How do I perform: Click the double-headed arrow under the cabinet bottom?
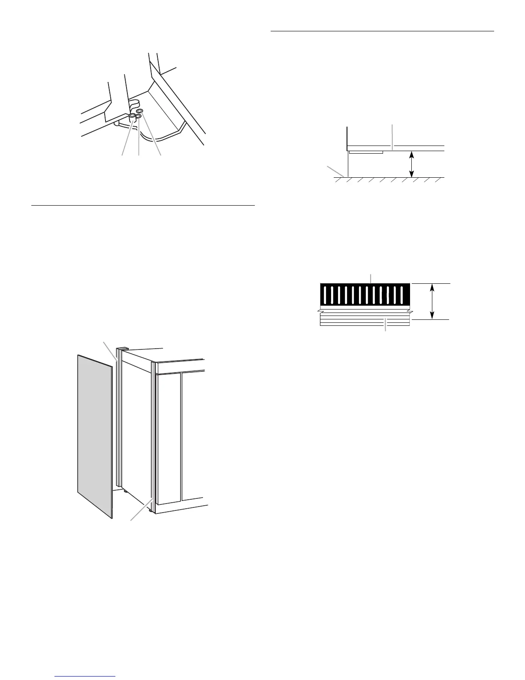pyautogui.click(x=412, y=164)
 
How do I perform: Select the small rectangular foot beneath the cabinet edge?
pyautogui.click(x=365, y=152)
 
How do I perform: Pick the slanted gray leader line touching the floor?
pyautogui.click(x=335, y=170)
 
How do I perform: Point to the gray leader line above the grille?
pyautogui.click(x=371, y=277)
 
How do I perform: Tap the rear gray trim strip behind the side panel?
pyautogui.click(x=119, y=421)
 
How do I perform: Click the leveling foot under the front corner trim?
pyautogui.click(x=150, y=510)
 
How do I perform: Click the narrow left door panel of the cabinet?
pyautogui.click(x=169, y=438)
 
